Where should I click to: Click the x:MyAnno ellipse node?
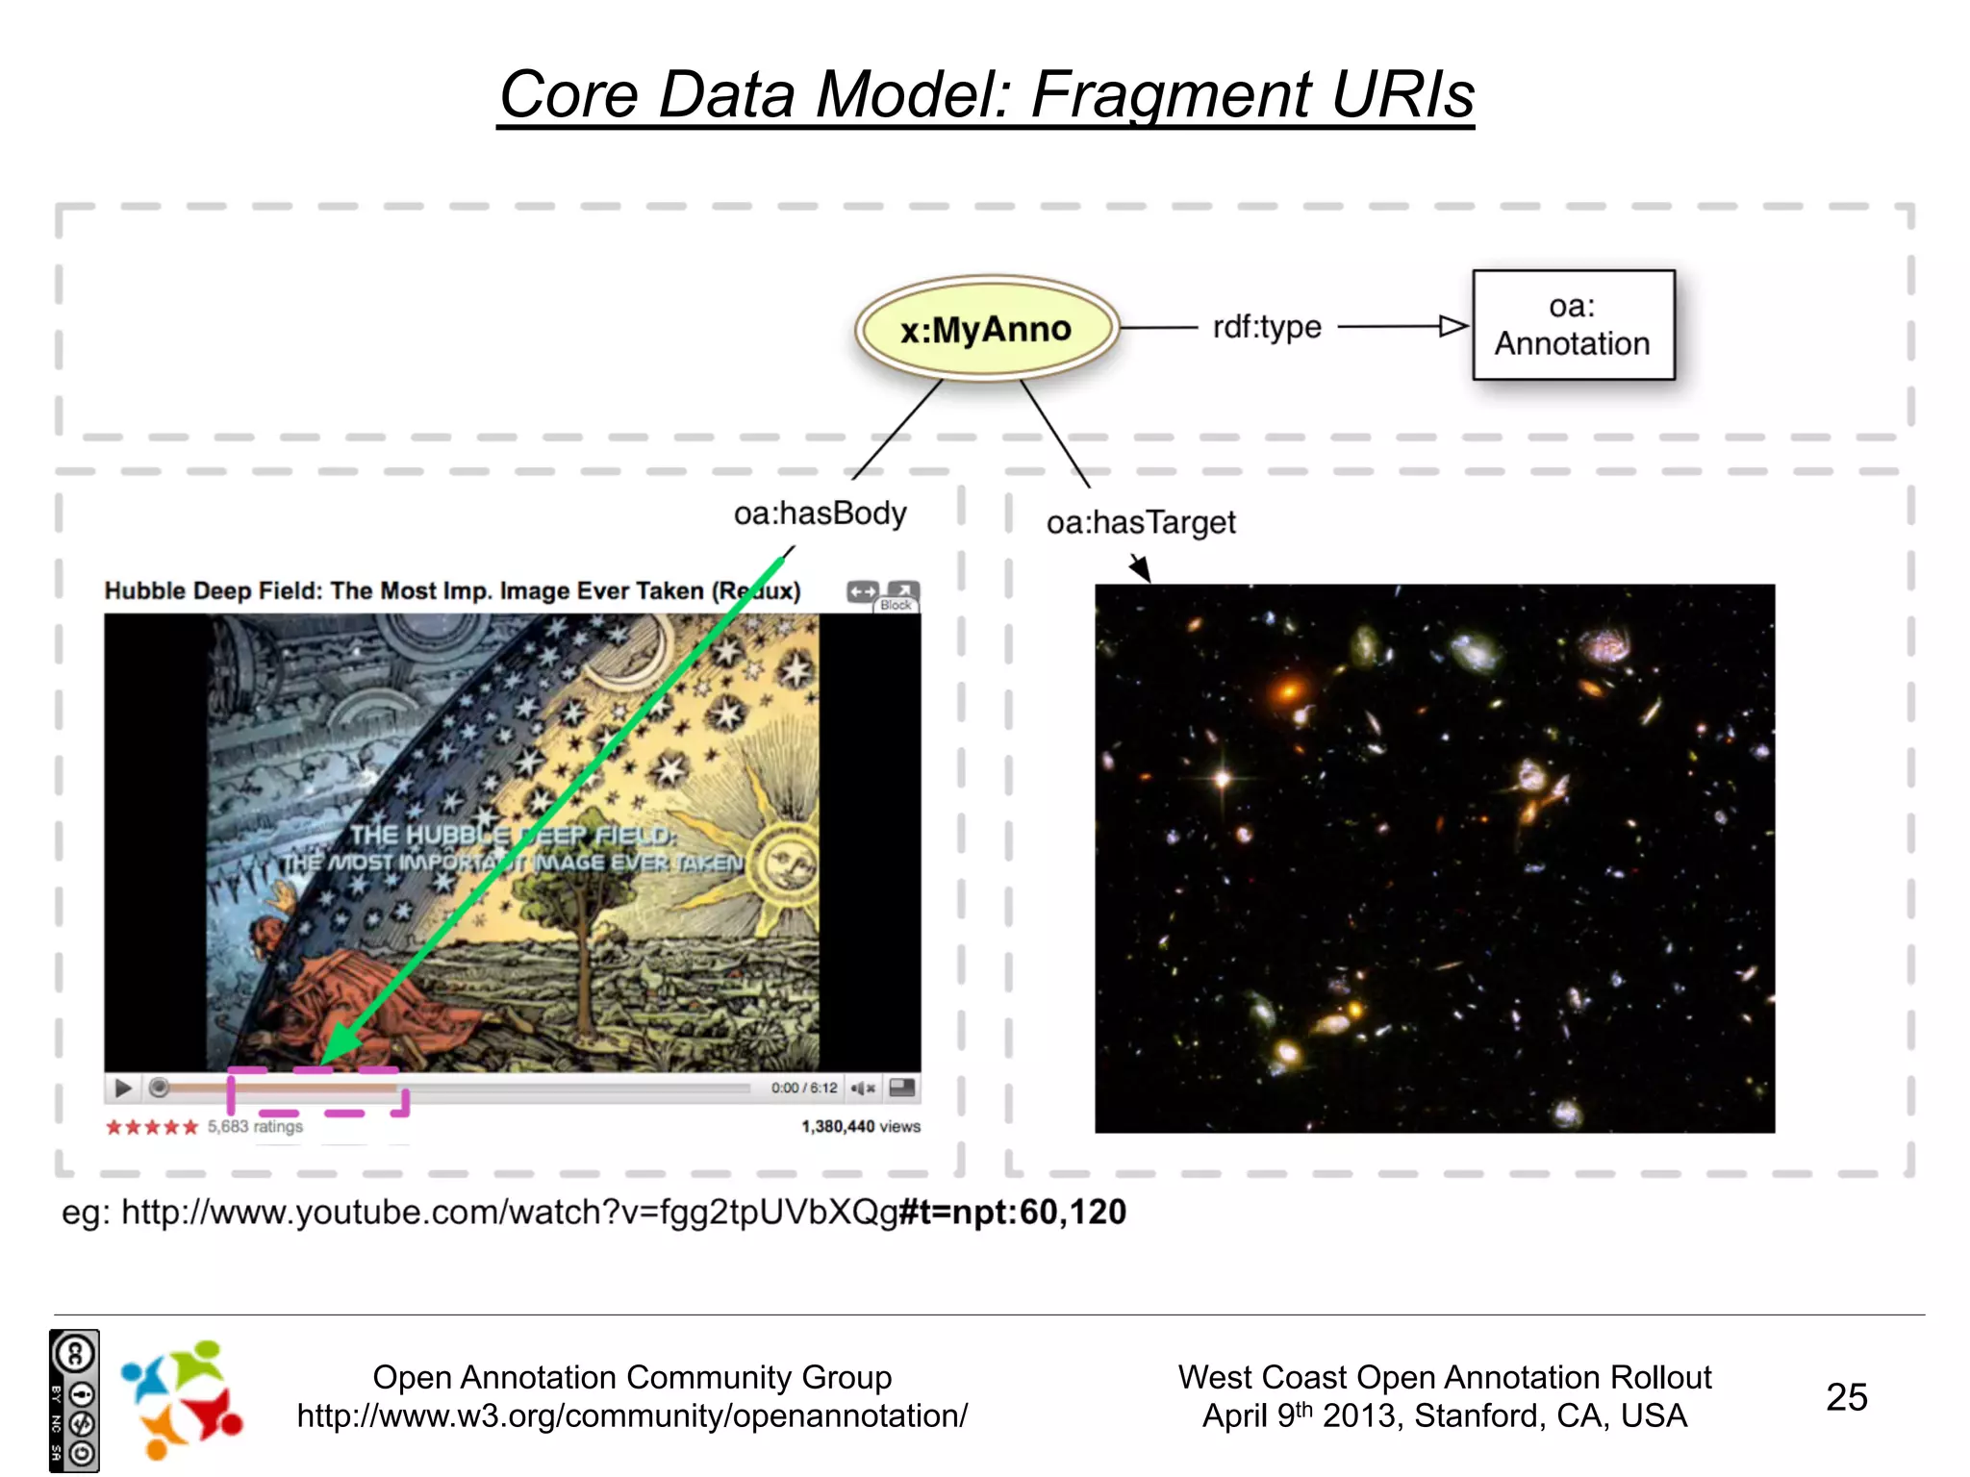point(986,329)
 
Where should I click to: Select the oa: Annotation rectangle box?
point(1573,325)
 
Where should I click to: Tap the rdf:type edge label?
point(1267,327)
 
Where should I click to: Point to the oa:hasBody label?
point(820,513)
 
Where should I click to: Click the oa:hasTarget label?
point(1141,522)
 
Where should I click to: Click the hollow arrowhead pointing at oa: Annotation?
point(1452,327)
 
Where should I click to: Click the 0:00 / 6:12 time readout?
point(804,1088)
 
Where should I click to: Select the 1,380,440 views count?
point(860,1126)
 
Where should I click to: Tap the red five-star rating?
point(151,1127)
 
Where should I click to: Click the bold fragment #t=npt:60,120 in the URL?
point(1012,1212)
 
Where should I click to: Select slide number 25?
point(1846,1396)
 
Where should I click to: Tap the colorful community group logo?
point(181,1398)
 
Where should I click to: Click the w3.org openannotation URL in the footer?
point(632,1415)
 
